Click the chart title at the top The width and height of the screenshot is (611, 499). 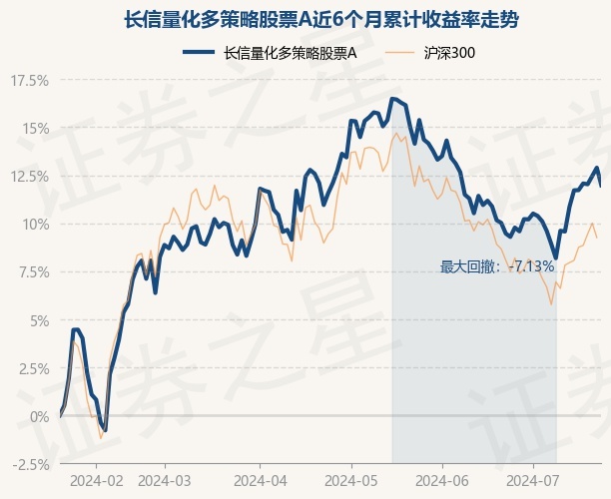tap(305, 19)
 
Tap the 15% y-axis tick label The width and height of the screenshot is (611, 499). tap(34, 128)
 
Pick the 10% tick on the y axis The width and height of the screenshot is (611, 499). tap(34, 224)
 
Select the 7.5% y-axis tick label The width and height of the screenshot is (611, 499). tap(31, 271)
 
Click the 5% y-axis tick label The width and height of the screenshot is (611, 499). tap(37, 320)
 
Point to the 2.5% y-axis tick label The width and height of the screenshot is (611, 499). tap(31, 368)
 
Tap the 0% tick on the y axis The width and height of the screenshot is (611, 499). tap(37, 416)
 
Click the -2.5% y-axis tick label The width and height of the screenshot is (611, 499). tap(29, 464)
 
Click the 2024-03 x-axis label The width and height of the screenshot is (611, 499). tap(164, 481)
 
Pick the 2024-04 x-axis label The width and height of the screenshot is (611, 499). tap(260, 481)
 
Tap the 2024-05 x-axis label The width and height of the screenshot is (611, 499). tap(350, 481)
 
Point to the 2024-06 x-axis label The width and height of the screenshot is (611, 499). tap(442, 481)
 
